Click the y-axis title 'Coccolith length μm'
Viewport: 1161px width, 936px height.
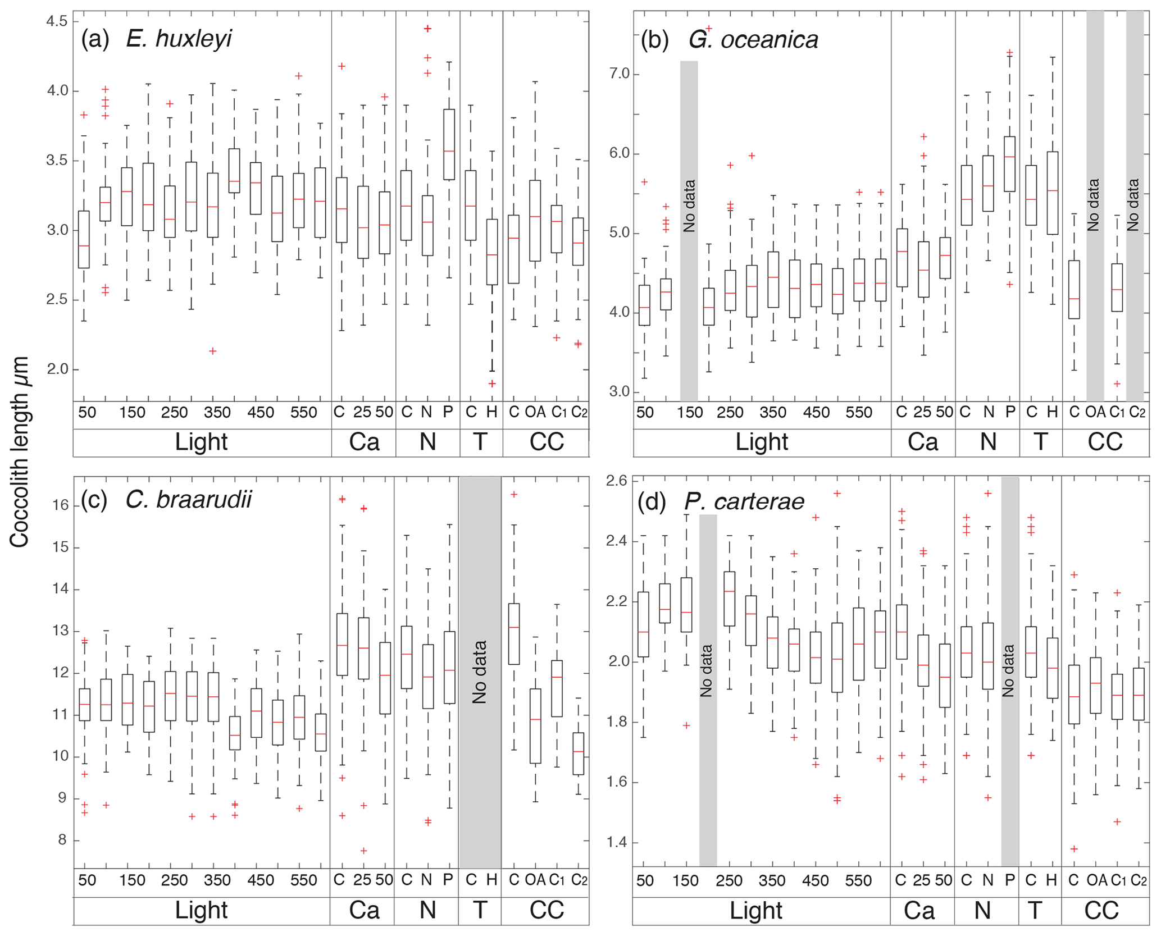click(x=19, y=453)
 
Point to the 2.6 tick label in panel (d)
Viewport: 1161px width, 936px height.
click(x=616, y=482)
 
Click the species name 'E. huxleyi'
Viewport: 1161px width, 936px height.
click(x=179, y=39)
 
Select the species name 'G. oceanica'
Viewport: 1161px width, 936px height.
click(x=753, y=39)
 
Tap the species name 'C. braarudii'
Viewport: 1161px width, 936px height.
click(x=189, y=499)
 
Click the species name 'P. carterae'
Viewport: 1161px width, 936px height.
click(x=744, y=501)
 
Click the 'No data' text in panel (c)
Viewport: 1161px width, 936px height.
click(x=479, y=672)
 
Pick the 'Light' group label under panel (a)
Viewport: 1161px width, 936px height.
click(x=201, y=442)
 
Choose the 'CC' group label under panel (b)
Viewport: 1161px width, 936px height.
click(x=1105, y=442)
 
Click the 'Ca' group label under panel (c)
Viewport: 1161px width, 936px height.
click(x=364, y=910)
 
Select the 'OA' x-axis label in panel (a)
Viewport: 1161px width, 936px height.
click(x=535, y=412)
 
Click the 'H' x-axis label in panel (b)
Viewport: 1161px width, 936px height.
click(x=1053, y=412)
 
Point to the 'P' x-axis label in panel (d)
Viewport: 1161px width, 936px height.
click(x=1009, y=880)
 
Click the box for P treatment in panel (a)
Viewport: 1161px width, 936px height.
click(x=449, y=144)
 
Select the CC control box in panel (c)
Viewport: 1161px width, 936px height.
click(x=513, y=634)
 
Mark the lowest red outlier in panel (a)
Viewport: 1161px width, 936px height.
click(x=492, y=383)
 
